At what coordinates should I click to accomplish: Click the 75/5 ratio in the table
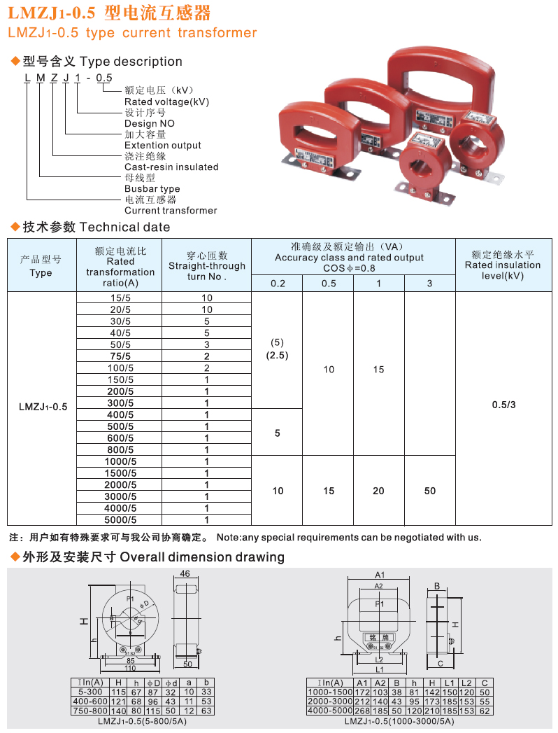pyautogui.click(x=120, y=356)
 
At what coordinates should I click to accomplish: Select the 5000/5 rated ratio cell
pyautogui.click(x=120, y=519)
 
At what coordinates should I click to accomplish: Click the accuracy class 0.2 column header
pyautogui.click(x=277, y=283)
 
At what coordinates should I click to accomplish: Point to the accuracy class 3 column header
pyautogui.click(x=429, y=283)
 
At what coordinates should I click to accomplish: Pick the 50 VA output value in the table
pyautogui.click(x=429, y=491)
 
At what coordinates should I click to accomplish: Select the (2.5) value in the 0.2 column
pyautogui.click(x=277, y=355)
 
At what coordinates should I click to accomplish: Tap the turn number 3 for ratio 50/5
pyautogui.click(x=207, y=344)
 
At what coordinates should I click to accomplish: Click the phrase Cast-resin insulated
pyautogui.click(x=171, y=167)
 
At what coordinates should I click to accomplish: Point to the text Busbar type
pyautogui.click(x=152, y=189)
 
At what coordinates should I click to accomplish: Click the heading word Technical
pyautogui.click(x=108, y=227)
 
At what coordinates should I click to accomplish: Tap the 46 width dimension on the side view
pyautogui.click(x=185, y=573)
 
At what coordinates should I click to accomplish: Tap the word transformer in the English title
pyautogui.click(x=217, y=33)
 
